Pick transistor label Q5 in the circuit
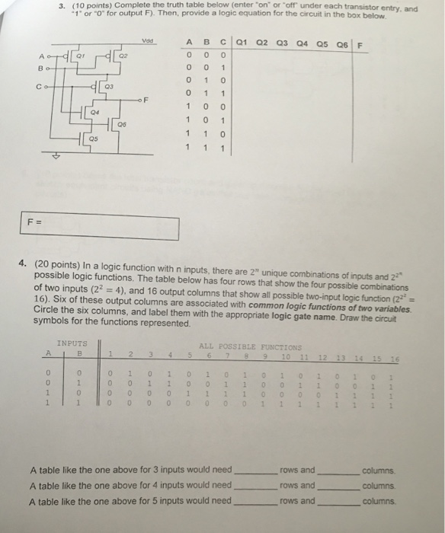tap(94, 139)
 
